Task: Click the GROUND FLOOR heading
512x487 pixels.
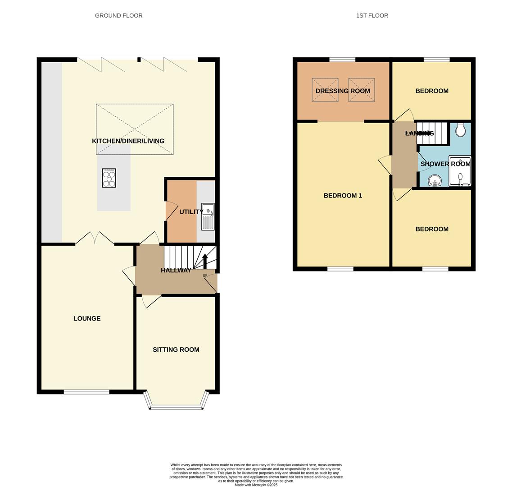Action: pos(118,15)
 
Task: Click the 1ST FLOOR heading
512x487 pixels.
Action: pos(372,15)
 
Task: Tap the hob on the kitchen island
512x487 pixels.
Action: pos(109,178)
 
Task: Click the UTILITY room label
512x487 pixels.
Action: pos(191,212)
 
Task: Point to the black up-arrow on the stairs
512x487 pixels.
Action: pos(205,261)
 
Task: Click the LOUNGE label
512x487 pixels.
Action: pos(87,318)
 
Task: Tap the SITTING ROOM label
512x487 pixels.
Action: pos(176,349)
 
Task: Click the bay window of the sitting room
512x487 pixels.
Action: pos(176,407)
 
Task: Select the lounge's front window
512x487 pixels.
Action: pos(86,392)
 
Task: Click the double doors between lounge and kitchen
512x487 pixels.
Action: pos(95,239)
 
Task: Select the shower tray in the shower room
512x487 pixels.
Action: pos(460,171)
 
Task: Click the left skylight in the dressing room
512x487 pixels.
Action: pos(325,90)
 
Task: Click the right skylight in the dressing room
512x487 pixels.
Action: pos(361,90)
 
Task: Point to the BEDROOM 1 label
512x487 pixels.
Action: pos(343,196)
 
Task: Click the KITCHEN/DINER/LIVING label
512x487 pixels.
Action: pos(128,141)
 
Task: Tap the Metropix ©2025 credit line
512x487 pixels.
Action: pos(256,485)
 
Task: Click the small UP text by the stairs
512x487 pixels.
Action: pos(205,276)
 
